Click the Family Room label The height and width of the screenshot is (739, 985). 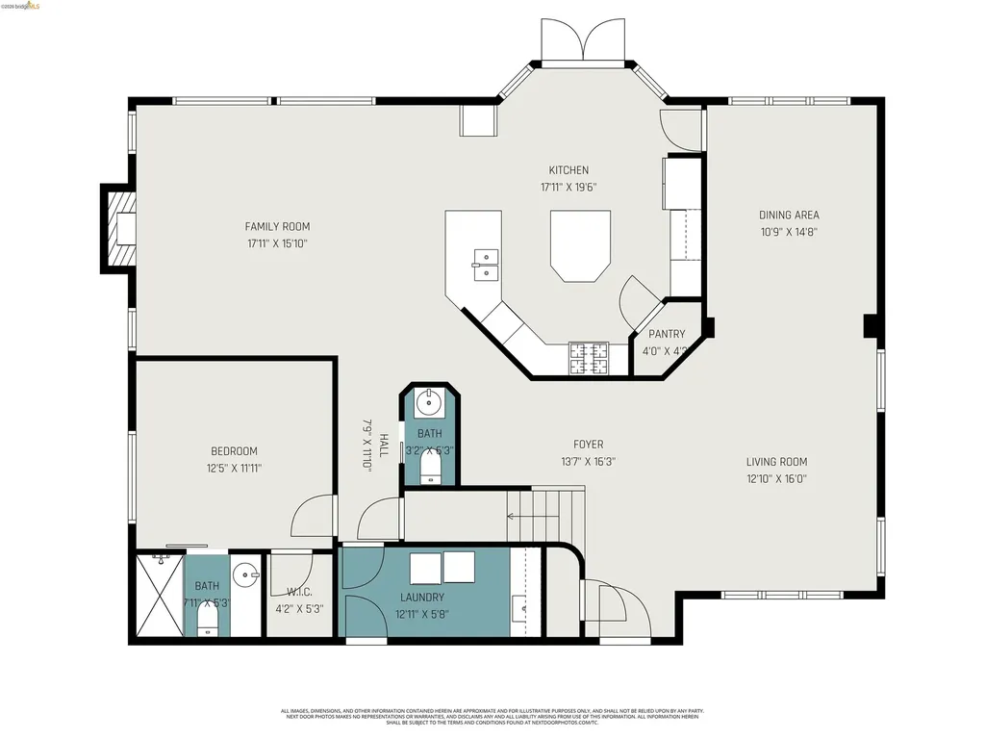click(x=277, y=227)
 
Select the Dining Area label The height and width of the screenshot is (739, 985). click(x=789, y=216)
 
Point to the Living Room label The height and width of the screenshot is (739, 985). click(x=776, y=462)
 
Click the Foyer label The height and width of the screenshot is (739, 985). click(x=588, y=445)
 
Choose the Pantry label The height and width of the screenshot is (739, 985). click(x=667, y=335)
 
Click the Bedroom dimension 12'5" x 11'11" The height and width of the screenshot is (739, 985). click(x=234, y=469)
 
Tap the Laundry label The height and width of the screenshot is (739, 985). click(x=422, y=597)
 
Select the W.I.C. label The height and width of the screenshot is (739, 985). click(x=299, y=592)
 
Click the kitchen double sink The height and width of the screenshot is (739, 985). click(x=486, y=264)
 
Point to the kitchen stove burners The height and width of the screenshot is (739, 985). click(x=588, y=358)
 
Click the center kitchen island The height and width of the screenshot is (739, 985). click(x=580, y=246)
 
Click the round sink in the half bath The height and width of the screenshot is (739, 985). click(x=429, y=402)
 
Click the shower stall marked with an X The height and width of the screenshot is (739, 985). click(x=159, y=596)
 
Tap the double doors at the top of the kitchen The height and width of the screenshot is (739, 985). click(x=581, y=40)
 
